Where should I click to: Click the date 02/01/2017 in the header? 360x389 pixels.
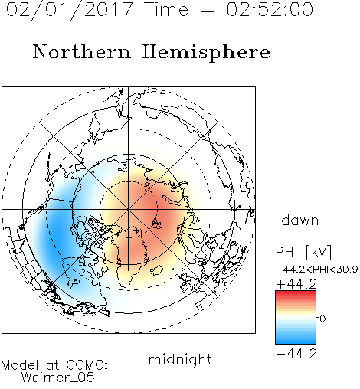[x=70, y=10]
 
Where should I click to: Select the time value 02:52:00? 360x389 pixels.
[x=270, y=9]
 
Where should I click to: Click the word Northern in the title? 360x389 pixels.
[x=82, y=51]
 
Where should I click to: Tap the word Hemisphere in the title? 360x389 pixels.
[x=206, y=52]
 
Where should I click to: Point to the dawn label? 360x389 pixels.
[x=300, y=220]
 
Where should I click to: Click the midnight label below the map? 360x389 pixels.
[x=180, y=359]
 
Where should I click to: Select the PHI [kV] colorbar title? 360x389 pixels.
[x=303, y=252]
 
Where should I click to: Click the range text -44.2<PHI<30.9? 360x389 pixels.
[x=316, y=270]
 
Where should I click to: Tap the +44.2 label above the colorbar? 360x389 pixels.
[x=296, y=284]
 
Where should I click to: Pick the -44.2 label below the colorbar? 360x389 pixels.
[x=296, y=354]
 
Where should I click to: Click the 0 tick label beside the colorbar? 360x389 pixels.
[x=322, y=319]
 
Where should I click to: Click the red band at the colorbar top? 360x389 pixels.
[x=296, y=293]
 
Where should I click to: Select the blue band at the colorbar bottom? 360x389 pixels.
[x=296, y=341]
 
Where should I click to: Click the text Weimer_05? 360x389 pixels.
[x=58, y=378]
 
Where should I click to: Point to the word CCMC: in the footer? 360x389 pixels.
[x=87, y=365]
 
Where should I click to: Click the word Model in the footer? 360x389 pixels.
[x=20, y=365]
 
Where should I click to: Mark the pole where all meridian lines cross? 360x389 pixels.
[x=129, y=209]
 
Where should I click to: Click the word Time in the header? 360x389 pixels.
[x=166, y=9]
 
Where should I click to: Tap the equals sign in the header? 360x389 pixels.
[x=207, y=10]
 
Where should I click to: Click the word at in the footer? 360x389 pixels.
[x=53, y=365]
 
